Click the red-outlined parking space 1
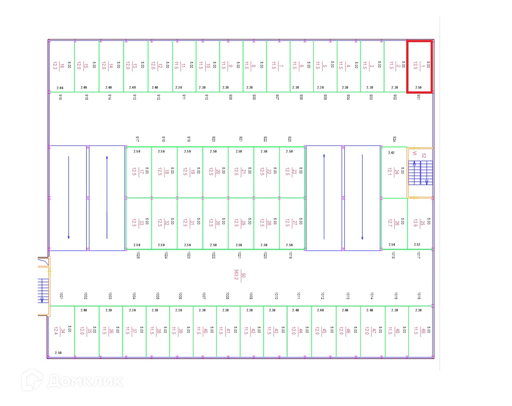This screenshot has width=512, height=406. pos(419,67)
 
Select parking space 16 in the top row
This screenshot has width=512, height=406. pos(62,67)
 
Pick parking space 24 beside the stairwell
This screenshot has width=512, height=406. pos(394,172)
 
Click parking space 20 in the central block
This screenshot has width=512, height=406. pos(215,172)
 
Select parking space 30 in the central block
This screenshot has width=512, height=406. pos(215,223)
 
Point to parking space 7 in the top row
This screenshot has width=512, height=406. pos(278,67)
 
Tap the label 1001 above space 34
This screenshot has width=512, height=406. pos(61,296)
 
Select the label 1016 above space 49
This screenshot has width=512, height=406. pos(419,296)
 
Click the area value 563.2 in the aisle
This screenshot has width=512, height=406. pos(237,275)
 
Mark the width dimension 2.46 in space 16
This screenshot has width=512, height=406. pos(60,88)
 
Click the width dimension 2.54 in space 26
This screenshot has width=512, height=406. pos(392,244)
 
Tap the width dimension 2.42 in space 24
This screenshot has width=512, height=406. pos(391,153)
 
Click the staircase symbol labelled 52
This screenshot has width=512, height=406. pos(420,173)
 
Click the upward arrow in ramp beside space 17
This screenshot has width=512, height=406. pos(107,197)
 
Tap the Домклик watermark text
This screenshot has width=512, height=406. pos(84,381)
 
